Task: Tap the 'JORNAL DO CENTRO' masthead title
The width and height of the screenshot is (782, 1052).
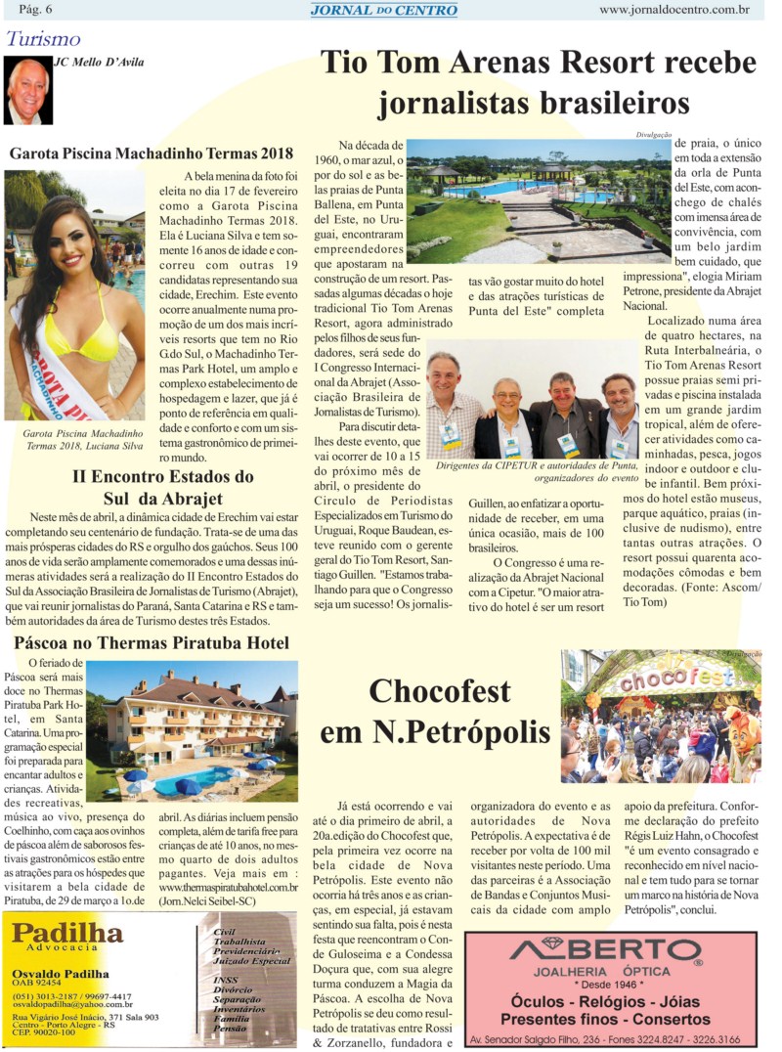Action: click(x=383, y=10)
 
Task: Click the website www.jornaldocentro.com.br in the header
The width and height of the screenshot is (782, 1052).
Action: click(x=673, y=10)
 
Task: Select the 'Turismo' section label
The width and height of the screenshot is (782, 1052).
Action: click(x=43, y=39)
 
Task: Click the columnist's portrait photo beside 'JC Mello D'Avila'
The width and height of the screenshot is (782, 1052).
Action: click(x=27, y=90)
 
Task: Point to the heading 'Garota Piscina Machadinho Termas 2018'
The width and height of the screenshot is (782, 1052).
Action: click(x=152, y=153)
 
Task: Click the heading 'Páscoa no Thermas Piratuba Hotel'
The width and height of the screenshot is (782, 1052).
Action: click(x=152, y=642)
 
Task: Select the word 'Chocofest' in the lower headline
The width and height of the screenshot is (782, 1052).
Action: click(x=439, y=692)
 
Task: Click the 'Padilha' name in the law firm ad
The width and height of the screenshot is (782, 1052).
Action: click(x=67, y=932)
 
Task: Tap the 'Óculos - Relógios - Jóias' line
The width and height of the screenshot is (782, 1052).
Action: click(x=610, y=1000)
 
